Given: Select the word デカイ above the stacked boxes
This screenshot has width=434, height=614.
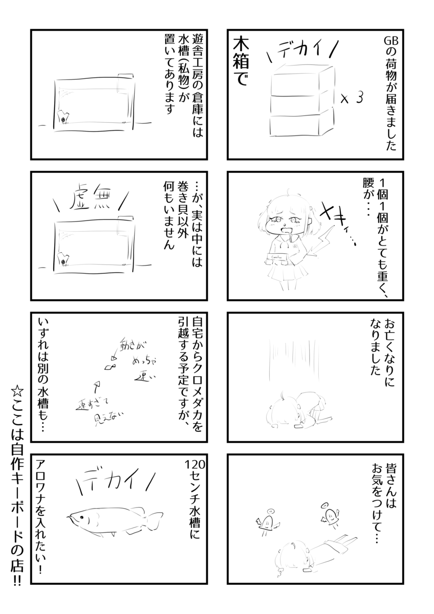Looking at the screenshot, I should click(x=301, y=50).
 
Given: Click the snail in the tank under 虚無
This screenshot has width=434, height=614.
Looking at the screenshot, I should click(x=63, y=260).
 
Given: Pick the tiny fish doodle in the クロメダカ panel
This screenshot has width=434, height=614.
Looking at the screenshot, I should click(x=109, y=366).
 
